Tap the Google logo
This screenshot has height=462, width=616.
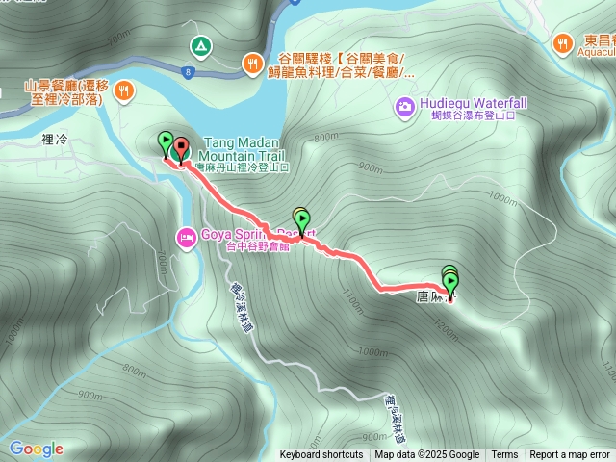tap(37, 449)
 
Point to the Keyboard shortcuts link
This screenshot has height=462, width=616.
tap(321, 455)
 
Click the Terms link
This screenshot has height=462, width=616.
tap(504, 455)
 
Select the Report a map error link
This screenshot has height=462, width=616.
tap(570, 455)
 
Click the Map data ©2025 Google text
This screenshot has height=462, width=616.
tap(427, 455)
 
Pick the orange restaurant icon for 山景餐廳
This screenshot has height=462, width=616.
tap(123, 91)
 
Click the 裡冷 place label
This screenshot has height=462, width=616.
tap(55, 141)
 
